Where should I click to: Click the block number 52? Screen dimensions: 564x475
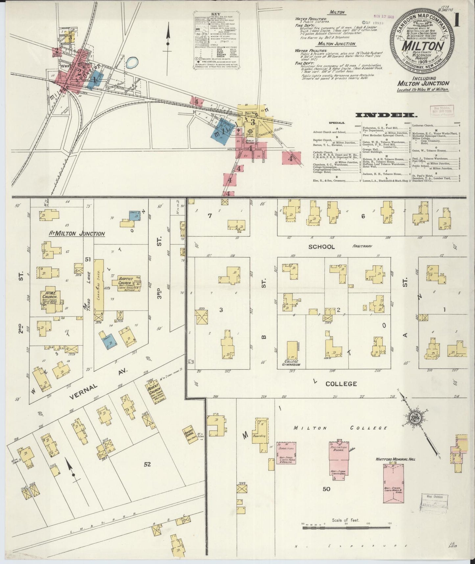147,464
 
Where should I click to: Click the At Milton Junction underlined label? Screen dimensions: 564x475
77,234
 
